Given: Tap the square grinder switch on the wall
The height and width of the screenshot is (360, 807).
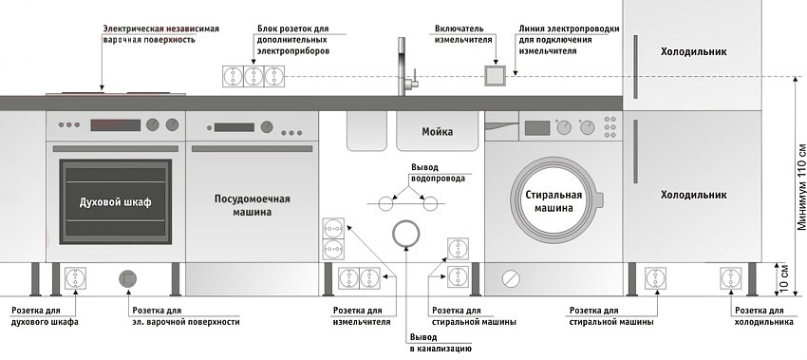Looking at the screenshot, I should click(x=495, y=76).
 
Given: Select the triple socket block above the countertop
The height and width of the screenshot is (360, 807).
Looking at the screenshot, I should click(x=253, y=76).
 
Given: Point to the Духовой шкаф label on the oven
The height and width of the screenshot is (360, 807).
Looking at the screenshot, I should click(x=116, y=203).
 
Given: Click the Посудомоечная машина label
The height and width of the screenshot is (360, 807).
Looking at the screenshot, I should click(x=252, y=205).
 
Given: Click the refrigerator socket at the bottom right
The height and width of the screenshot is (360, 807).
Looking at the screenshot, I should click(x=730, y=279).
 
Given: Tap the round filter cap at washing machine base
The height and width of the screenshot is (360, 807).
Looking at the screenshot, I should click(x=511, y=278).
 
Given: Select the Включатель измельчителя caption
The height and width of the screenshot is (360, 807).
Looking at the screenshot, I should click(x=465, y=36).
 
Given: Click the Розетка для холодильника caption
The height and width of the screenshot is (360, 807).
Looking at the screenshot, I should click(x=763, y=316).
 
